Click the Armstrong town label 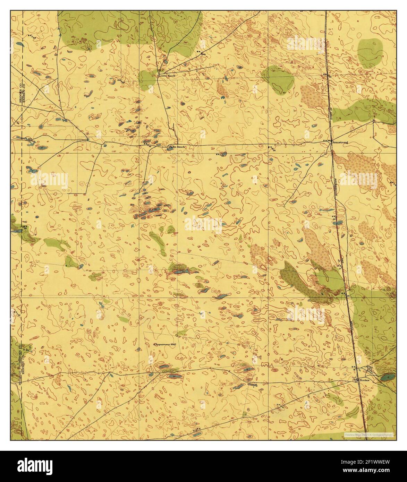(340, 142)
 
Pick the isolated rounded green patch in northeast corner (370, 53)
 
